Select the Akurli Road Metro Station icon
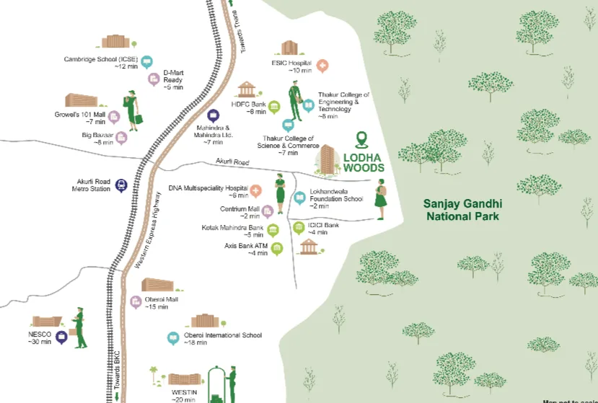coord(120,185)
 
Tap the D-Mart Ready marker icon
coord(153,79)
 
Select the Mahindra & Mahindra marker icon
coord(213,115)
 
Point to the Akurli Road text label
coord(232,163)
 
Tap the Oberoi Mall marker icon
coord(136,302)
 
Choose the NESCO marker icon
coord(62,337)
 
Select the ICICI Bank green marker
coord(299,229)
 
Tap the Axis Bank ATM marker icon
coord(277,249)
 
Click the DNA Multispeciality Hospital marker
coord(255,191)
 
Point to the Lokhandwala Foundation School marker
coord(299,198)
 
